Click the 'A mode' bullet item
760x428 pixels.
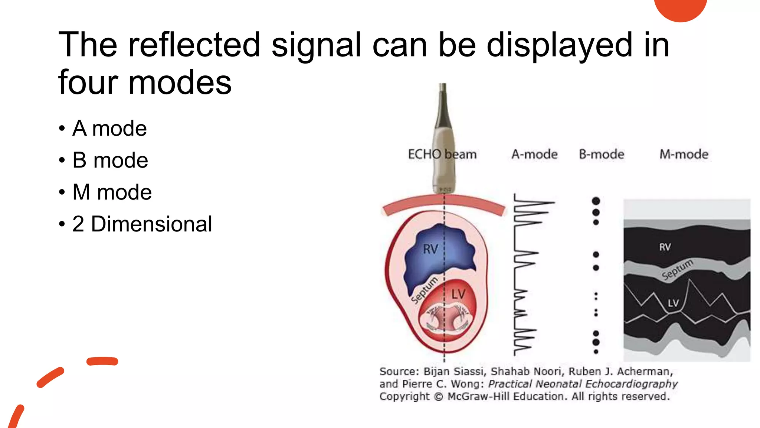coord(109,129)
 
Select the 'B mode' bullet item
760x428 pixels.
coord(110,160)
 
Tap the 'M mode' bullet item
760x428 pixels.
coord(112,192)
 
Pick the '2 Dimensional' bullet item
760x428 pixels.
coord(142,224)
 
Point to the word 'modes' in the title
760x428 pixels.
coord(180,82)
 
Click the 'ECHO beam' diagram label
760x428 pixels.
coord(442,154)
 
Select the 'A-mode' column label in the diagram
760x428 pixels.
coord(534,154)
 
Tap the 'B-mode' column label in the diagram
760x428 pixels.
coord(602,154)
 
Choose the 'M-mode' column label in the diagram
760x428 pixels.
coord(684,154)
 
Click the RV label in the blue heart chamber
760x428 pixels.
coord(430,249)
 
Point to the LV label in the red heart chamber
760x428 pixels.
coord(458,294)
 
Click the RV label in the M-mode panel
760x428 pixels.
coord(665,247)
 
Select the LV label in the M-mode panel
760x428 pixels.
coord(673,303)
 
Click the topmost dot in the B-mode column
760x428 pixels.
coord(596,201)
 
